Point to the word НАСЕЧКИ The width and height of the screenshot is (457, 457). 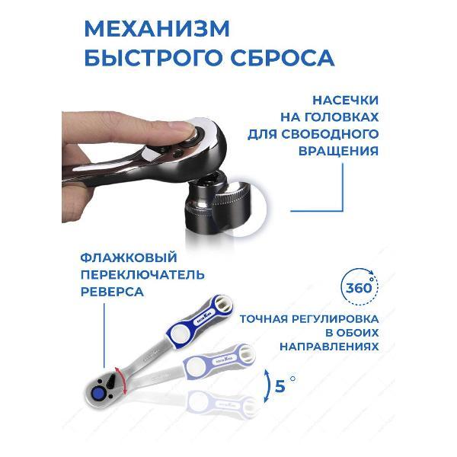click(346, 100)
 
